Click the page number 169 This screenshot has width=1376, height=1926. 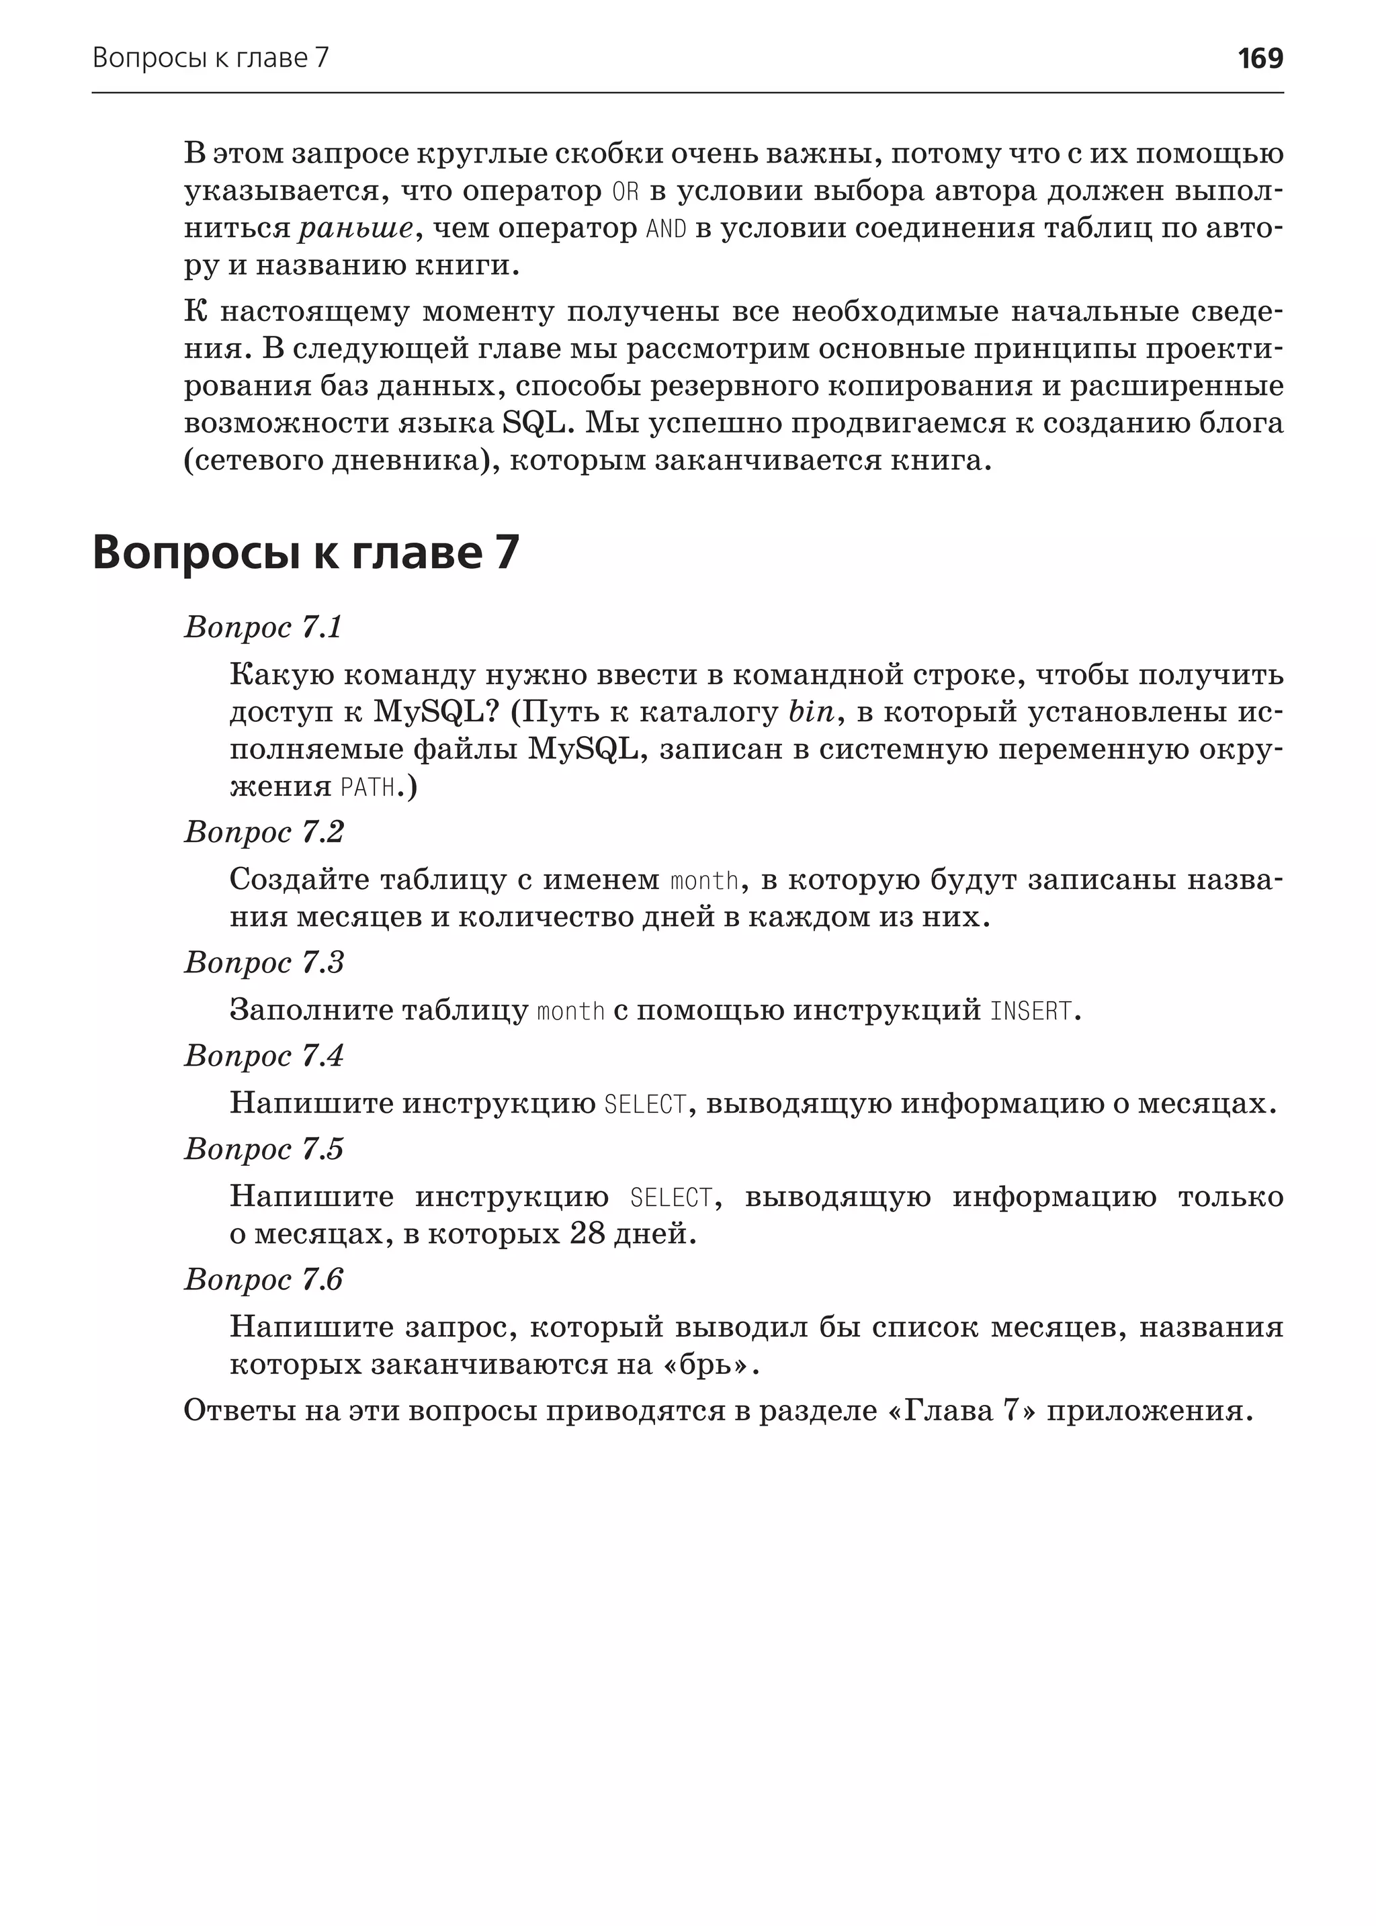(1260, 58)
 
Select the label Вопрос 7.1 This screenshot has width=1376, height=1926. (263, 628)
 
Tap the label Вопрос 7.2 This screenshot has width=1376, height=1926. (263, 832)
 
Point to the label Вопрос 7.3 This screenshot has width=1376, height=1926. (263, 962)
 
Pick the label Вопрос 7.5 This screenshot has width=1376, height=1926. (263, 1148)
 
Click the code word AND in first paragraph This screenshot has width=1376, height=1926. (666, 229)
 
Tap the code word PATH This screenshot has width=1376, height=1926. (368, 788)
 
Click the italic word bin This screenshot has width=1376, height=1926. (811, 713)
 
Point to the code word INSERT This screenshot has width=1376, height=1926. (1030, 1011)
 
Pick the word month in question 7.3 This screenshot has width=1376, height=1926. (571, 1011)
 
